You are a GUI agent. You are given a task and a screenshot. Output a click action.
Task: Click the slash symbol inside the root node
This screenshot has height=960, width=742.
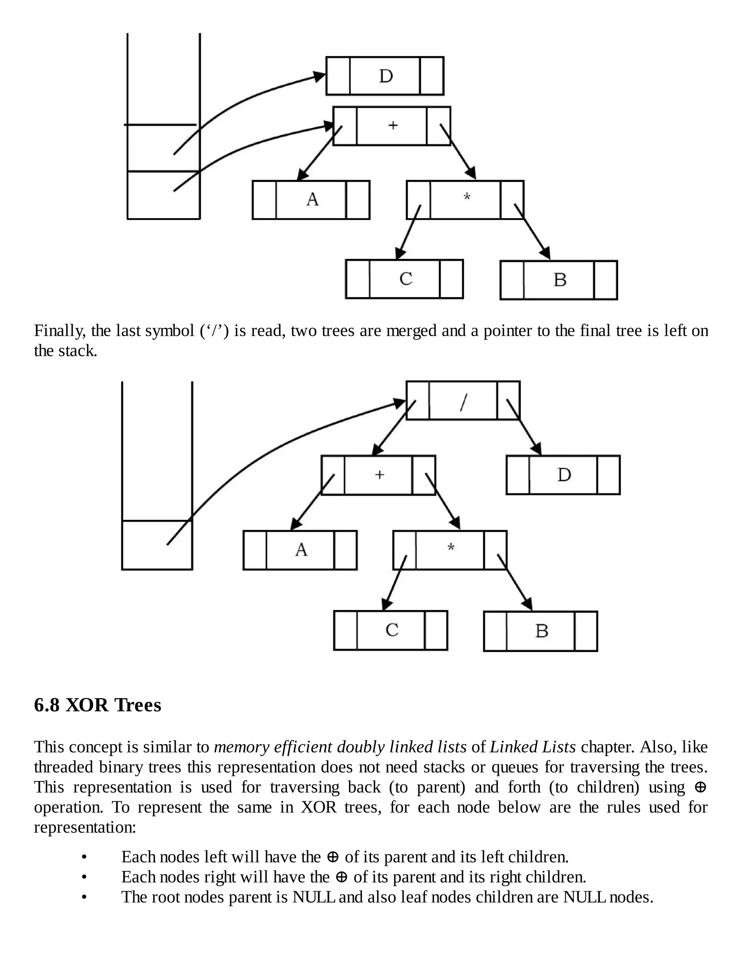point(463,401)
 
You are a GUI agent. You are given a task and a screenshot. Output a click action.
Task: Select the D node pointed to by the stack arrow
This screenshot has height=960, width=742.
point(385,76)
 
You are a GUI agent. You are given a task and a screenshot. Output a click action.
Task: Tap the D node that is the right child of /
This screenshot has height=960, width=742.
point(563,475)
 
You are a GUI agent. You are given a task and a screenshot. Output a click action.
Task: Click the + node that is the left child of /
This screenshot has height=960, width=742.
point(379,475)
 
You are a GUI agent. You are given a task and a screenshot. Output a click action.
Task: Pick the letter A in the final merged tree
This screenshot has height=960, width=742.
point(301,550)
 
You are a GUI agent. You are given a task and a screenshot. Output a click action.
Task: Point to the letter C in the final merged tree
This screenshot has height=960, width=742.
point(392,630)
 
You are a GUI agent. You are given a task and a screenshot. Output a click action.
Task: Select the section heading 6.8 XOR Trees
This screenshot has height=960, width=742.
point(97,705)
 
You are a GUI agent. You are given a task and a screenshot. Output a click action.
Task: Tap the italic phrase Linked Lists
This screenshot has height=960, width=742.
point(533,747)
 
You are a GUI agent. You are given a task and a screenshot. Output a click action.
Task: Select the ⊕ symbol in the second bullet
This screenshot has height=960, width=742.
point(342,877)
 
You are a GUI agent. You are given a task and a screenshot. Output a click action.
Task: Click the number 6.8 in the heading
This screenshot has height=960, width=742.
point(47,705)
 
